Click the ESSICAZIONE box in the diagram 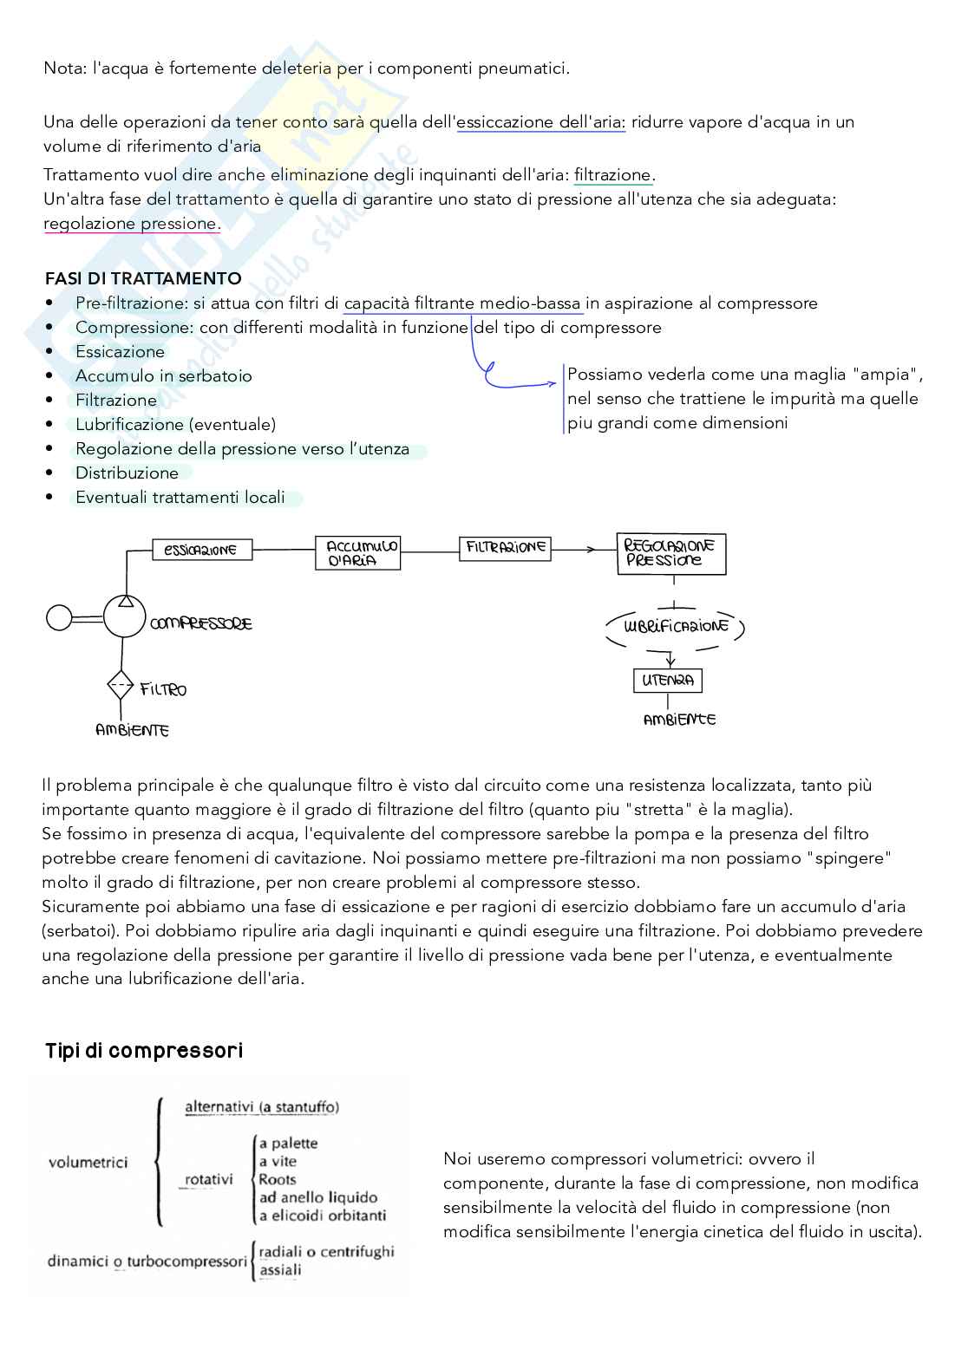tap(201, 550)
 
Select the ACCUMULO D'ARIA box tap(358, 552)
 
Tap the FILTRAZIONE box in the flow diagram tap(505, 548)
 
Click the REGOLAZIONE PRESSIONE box tap(670, 553)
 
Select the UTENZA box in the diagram tap(668, 681)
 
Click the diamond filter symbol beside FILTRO tap(121, 686)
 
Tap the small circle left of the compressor tap(59, 618)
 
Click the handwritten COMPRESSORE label tap(201, 623)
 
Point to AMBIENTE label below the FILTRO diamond tap(132, 731)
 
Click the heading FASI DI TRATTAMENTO tap(143, 278)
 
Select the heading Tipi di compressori tap(144, 1051)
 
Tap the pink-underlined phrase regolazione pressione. tap(132, 224)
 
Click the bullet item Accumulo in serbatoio tap(163, 376)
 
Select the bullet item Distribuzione tap(127, 473)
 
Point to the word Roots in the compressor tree tap(278, 1179)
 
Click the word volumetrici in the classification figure tap(88, 1162)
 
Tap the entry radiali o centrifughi tap(326, 1251)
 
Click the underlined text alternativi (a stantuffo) tap(262, 1107)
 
